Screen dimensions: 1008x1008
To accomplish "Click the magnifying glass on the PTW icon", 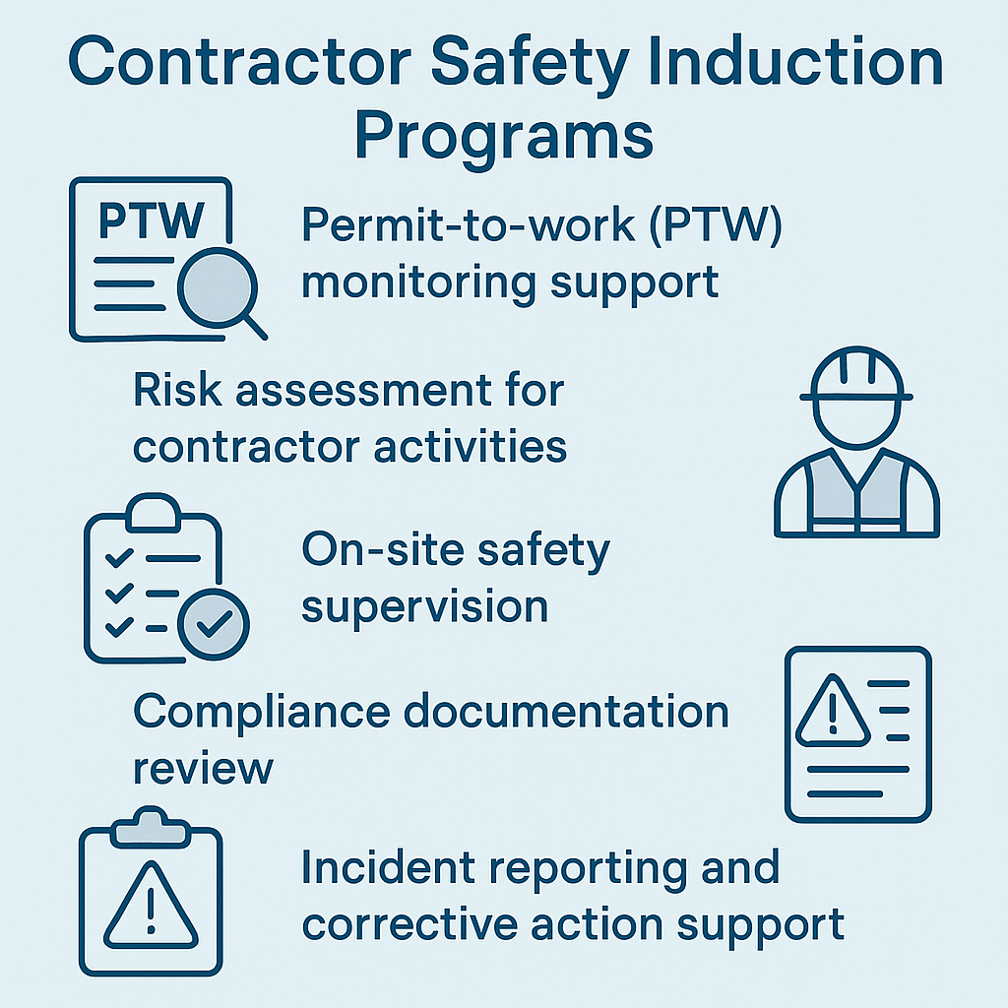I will click(220, 289).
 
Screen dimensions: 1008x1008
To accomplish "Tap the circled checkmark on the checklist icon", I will click(214, 622).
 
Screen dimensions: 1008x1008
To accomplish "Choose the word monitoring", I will click(418, 283).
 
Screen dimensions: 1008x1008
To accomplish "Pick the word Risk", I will click(169, 391).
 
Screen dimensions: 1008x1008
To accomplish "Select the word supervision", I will click(424, 606).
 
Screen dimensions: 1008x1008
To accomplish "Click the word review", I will click(203, 768).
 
